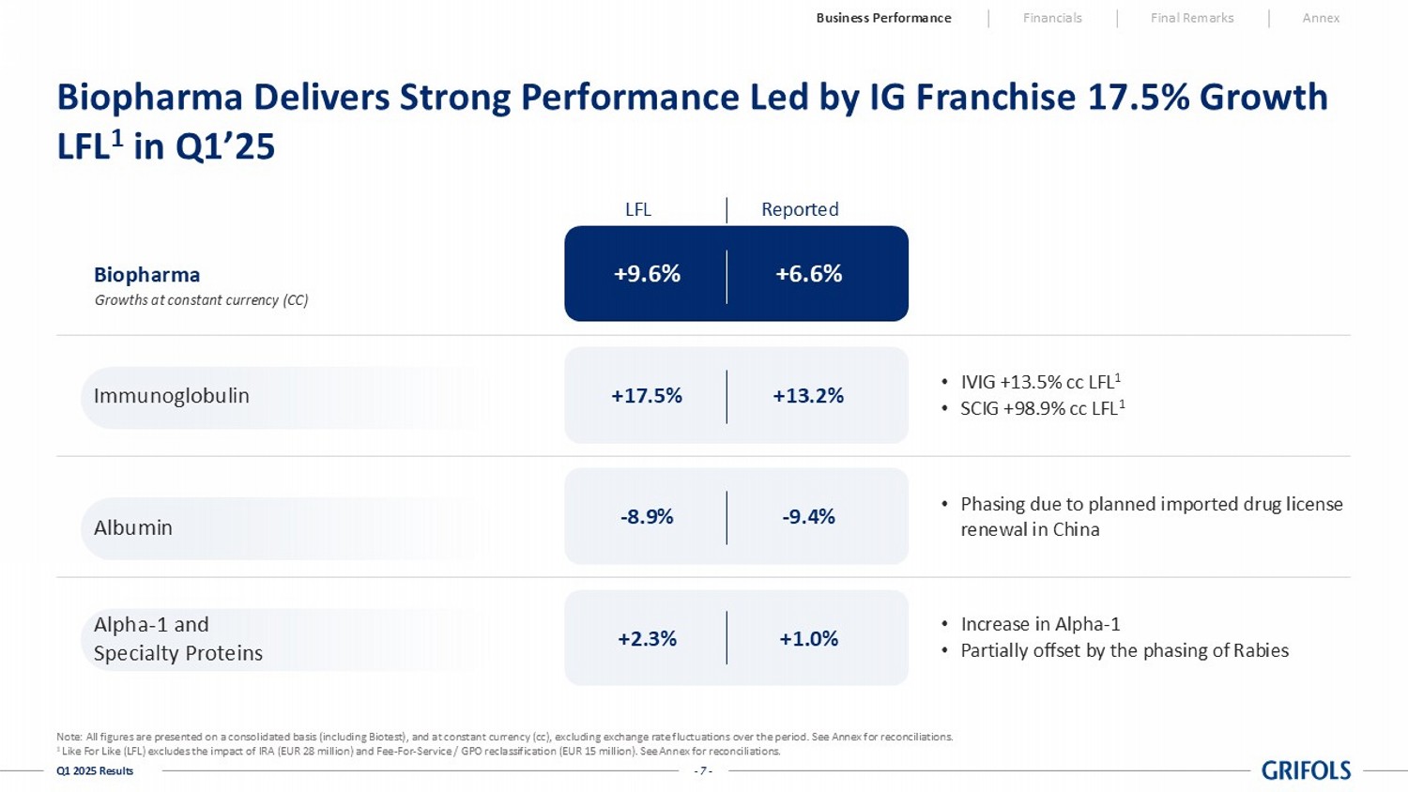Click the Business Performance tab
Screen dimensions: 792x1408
pyautogui.click(x=883, y=18)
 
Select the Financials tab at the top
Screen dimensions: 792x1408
pyautogui.click(x=1052, y=18)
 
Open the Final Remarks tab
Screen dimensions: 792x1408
pyautogui.click(x=1192, y=18)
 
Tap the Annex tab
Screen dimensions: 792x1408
pyautogui.click(x=1321, y=18)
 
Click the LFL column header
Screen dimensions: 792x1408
pyautogui.click(x=638, y=209)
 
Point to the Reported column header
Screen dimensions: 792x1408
pyautogui.click(x=800, y=209)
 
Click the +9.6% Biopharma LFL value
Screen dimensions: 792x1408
pyautogui.click(x=647, y=274)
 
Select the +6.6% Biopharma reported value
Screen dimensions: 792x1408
pyautogui.click(x=808, y=274)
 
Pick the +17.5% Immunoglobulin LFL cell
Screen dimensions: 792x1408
pyautogui.click(x=647, y=396)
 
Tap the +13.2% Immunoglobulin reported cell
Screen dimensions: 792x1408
pyautogui.click(x=808, y=396)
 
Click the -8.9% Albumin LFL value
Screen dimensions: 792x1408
pyautogui.click(x=647, y=517)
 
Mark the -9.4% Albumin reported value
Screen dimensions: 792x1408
pyautogui.click(x=808, y=517)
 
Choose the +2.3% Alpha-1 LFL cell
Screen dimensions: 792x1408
pyautogui.click(x=647, y=639)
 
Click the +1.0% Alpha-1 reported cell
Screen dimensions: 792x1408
pyautogui.click(x=808, y=639)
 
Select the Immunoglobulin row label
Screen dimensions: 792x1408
pyautogui.click(x=172, y=396)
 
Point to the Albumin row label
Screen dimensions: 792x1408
pyautogui.click(x=133, y=527)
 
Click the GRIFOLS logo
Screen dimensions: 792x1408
pyautogui.click(x=1306, y=770)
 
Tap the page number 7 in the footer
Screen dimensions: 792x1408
pyautogui.click(x=703, y=771)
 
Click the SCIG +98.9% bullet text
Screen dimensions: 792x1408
pyautogui.click(x=1041, y=408)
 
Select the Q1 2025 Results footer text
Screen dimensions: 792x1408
pyautogui.click(x=95, y=771)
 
